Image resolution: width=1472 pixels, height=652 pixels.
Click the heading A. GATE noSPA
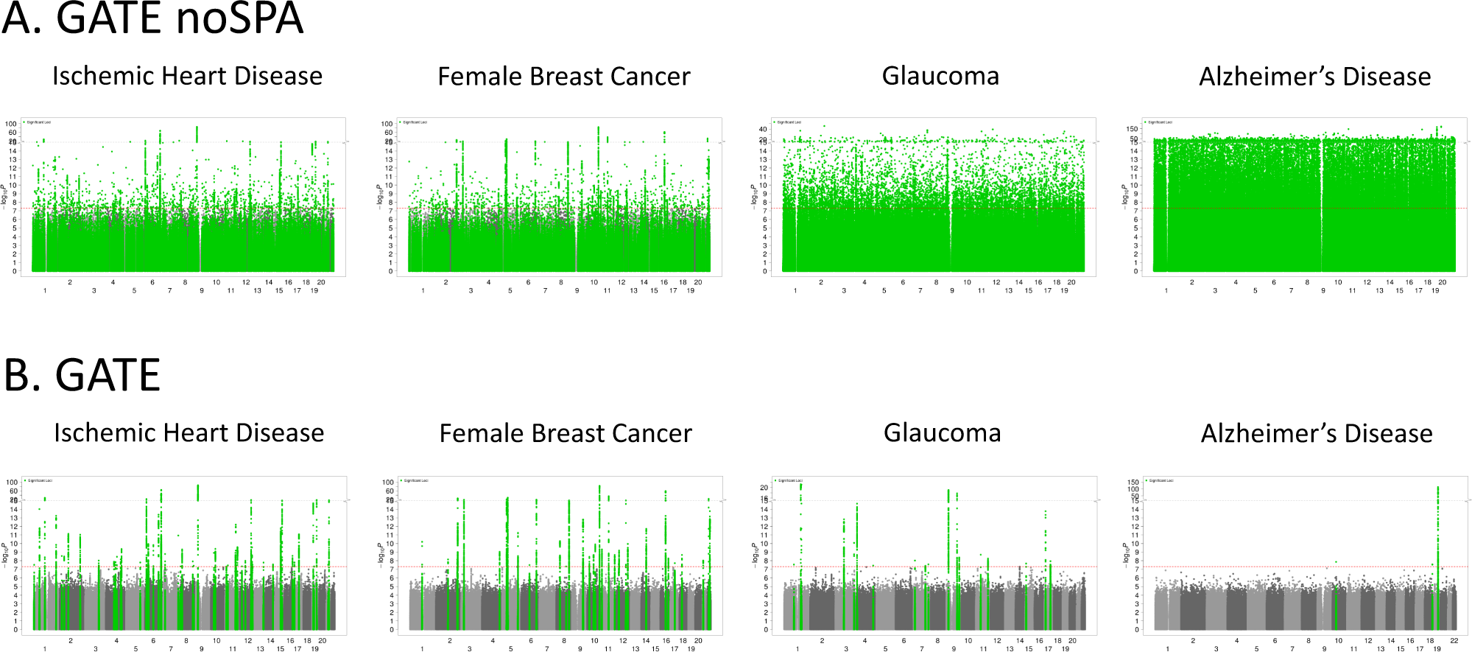coord(152,19)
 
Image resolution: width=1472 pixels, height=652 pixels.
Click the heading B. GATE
coord(82,376)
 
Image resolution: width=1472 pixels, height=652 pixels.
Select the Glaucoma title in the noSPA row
coord(940,76)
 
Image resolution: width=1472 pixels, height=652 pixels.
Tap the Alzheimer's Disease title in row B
coord(1317,433)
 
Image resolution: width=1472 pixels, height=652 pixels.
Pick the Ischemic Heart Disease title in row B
coord(189,432)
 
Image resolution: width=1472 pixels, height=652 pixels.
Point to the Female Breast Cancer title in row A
coord(564,77)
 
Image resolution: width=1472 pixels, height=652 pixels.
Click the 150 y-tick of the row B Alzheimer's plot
coord(1133,482)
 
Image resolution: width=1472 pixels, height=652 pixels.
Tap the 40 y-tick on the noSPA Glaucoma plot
coord(763,129)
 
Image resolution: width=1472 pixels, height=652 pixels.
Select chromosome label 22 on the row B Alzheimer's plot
coord(1454,641)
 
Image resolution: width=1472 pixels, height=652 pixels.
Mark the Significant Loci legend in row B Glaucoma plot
coord(789,480)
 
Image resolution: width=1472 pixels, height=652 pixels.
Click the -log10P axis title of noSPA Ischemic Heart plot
coord(5,197)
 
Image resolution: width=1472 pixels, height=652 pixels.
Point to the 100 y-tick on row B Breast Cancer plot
coord(388,482)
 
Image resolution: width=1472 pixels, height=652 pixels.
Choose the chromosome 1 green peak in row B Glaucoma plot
coord(800,516)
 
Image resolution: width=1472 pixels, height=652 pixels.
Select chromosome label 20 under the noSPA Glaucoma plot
coord(1071,282)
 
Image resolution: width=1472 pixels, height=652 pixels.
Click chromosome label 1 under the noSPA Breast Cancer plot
coord(423,291)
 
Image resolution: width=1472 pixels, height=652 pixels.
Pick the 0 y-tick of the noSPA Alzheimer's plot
coord(1135,271)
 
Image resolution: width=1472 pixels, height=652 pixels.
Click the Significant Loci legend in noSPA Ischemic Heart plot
coord(39,122)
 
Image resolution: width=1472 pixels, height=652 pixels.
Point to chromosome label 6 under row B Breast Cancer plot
coord(531,641)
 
